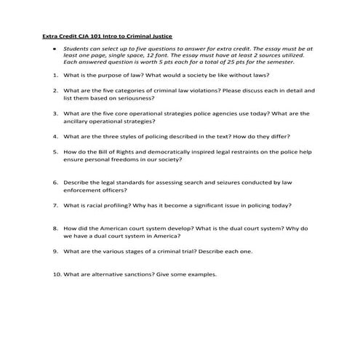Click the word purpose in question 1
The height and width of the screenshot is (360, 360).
click(108, 75)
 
